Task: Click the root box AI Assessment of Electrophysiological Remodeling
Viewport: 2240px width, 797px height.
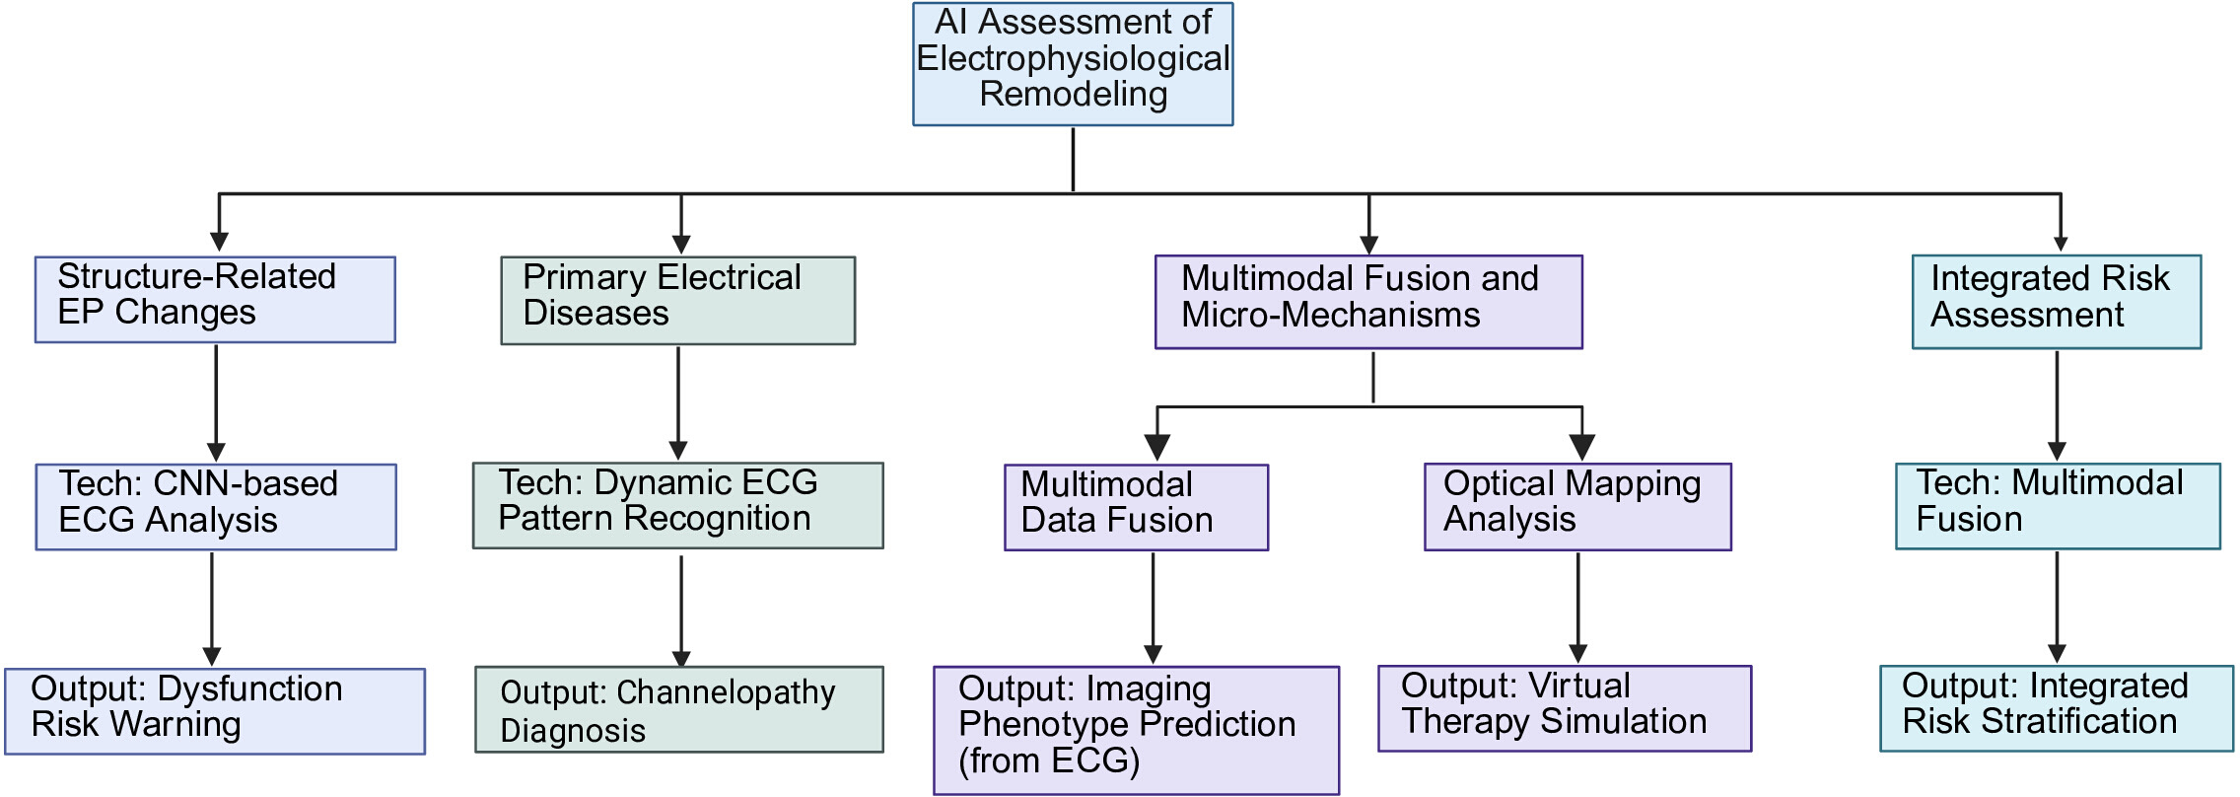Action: click(1073, 64)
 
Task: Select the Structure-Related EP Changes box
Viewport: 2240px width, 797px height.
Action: click(215, 300)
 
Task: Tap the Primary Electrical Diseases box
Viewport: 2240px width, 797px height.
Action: click(678, 301)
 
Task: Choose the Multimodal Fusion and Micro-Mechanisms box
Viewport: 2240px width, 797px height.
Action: click(1368, 302)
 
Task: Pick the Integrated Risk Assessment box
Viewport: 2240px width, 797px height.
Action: click(2057, 302)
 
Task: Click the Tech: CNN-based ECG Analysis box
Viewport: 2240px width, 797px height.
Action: click(216, 507)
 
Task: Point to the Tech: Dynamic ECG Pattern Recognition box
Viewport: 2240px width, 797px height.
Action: click(678, 506)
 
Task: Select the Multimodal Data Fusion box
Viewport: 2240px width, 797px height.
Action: click(1137, 507)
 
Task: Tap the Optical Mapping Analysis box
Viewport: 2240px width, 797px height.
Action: click(1577, 507)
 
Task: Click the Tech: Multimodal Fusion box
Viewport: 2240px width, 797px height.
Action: click(2058, 506)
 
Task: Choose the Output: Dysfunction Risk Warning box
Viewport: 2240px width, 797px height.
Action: click(215, 711)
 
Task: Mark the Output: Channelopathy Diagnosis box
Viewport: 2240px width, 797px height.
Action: click(679, 710)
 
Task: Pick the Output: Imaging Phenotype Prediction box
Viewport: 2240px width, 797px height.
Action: click(1137, 731)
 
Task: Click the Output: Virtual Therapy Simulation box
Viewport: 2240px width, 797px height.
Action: click(1565, 709)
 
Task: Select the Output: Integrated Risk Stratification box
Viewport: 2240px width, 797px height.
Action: click(2057, 709)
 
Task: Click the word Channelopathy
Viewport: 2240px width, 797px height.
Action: click(726, 693)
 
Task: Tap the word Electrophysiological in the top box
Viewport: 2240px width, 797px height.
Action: click(1073, 58)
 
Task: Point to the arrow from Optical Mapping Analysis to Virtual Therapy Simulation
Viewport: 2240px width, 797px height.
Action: click(1577, 607)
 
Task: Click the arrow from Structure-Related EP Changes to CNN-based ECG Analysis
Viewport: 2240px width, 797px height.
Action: click(216, 402)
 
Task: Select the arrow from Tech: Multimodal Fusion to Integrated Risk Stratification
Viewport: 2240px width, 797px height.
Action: click(2057, 607)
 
